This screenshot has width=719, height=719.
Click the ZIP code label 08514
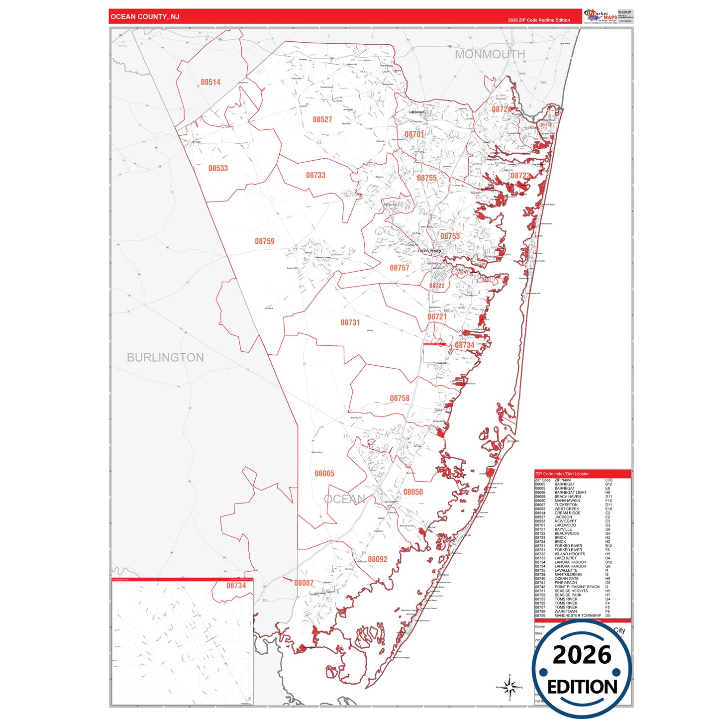click(210, 82)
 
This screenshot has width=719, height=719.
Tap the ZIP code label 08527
click(322, 119)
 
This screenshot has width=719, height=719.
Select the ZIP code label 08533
click(218, 168)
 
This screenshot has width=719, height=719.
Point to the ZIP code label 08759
click(265, 241)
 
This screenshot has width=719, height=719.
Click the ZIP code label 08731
click(350, 322)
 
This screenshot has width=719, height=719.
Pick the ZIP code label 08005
click(324, 473)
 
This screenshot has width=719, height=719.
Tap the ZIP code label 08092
click(378, 559)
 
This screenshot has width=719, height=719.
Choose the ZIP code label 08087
click(304, 583)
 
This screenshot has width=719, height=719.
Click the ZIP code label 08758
click(400, 398)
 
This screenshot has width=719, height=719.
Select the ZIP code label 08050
click(413, 492)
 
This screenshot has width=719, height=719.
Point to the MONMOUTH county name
click(490, 54)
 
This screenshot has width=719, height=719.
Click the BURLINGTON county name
click(165, 357)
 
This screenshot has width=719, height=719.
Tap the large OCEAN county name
click(344, 499)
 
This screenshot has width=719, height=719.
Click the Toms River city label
click(429, 251)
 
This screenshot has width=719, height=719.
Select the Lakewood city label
click(416, 112)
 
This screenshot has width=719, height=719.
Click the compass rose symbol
click(510, 687)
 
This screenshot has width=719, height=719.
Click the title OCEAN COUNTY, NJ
click(145, 17)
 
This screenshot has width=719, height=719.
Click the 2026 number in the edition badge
click(582, 654)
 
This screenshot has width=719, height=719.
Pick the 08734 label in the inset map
click(236, 586)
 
